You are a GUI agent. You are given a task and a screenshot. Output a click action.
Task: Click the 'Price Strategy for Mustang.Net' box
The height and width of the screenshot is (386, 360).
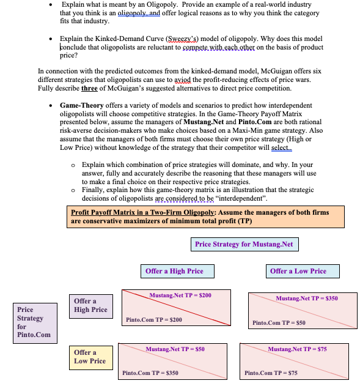(x=244, y=244)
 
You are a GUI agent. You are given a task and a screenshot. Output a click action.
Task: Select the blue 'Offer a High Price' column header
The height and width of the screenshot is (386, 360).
(x=174, y=271)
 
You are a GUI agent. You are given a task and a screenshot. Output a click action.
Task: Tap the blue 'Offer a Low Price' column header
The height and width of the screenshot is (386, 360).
(x=298, y=271)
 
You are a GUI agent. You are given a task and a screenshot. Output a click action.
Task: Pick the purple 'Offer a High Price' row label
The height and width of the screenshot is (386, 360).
(x=90, y=305)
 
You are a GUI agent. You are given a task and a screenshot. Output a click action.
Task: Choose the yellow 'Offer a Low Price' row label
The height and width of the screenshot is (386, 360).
(x=90, y=357)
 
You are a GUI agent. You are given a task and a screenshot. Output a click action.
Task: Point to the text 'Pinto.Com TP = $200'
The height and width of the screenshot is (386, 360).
(x=153, y=320)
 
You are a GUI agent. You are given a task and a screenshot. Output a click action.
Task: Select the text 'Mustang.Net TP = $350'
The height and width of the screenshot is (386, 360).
(x=306, y=299)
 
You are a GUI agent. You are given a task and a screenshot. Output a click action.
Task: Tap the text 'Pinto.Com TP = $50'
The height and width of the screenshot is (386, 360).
(x=278, y=322)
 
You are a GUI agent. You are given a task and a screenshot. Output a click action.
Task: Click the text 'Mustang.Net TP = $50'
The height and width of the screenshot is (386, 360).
(x=175, y=349)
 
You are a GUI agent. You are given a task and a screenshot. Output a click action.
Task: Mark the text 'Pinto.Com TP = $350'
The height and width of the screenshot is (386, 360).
(x=150, y=373)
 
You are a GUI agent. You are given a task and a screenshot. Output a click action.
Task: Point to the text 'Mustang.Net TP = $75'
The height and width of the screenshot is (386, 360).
(x=297, y=349)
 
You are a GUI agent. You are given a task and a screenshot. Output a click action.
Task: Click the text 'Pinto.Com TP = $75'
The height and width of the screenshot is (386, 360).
(x=271, y=373)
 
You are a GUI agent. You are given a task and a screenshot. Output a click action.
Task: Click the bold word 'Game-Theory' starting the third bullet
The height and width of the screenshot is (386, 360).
(x=82, y=105)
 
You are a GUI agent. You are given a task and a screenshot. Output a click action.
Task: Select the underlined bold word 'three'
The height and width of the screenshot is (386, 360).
(x=89, y=88)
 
